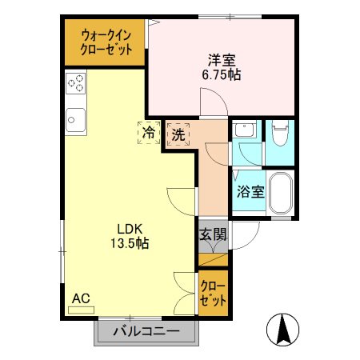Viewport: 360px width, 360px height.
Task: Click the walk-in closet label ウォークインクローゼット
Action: (x=107, y=42)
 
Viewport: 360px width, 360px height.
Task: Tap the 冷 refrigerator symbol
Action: (x=148, y=134)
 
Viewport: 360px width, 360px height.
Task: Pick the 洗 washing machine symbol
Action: (x=178, y=134)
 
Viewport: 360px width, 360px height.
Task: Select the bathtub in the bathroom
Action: (x=280, y=193)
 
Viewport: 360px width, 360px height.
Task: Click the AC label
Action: (x=80, y=298)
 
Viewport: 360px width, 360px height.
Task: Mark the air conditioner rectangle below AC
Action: (x=81, y=310)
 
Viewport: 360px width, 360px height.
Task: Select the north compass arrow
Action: (x=284, y=328)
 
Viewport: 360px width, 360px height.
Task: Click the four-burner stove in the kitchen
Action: (x=77, y=82)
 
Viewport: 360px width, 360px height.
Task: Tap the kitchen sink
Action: (x=75, y=119)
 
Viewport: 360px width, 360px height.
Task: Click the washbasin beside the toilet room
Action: (x=246, y=131)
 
